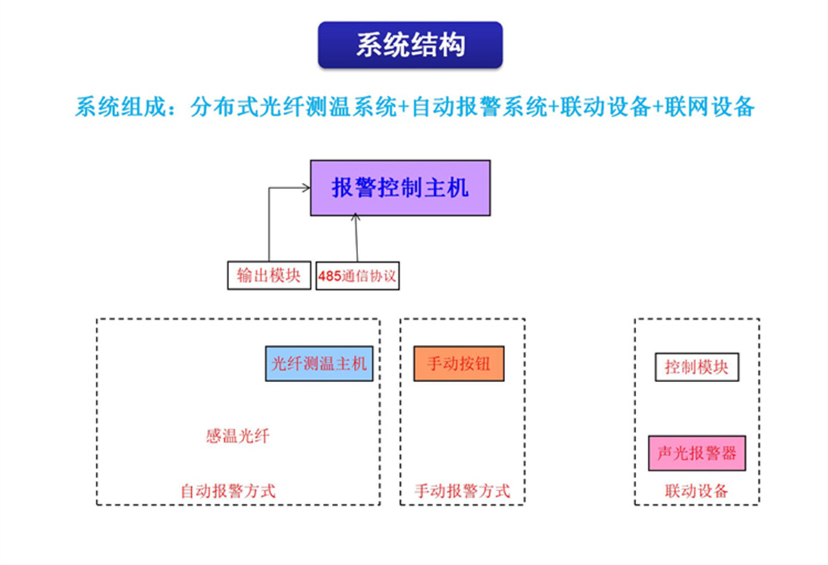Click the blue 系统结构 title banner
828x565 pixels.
tap(410, 45)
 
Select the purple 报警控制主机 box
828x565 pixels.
tap(400, 188)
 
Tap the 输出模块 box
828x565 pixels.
tap(268, 275)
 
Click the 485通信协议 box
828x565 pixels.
tap(357, 276)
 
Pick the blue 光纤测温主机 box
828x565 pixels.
tap(319, 364)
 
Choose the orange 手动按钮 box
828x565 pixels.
tap(459, 364)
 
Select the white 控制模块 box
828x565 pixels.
tap(696, 366)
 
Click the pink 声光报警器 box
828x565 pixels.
tap(697, 453)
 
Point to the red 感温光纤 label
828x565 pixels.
tap(237, 436)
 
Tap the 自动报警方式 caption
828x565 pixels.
tap(228, 491)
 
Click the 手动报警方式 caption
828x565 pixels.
tap(462, 491)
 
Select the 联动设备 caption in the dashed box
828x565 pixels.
tap(697, 491)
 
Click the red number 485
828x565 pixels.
tap(330, 277)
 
